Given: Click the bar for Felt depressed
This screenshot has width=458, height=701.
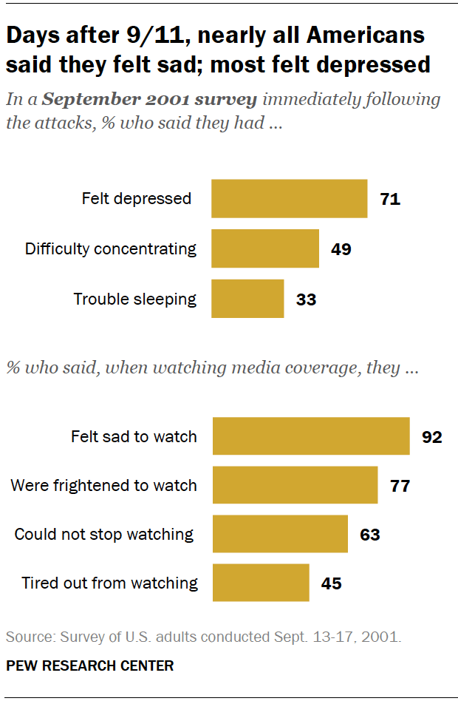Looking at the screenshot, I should click(289, 199).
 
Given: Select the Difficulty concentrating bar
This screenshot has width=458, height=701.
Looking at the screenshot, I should click(265, 248).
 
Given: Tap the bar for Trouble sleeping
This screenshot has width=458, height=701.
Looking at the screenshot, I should click(247, 299).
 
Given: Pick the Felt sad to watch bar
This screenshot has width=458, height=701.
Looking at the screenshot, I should click(311, 436).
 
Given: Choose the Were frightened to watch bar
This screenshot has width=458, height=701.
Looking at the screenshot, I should click(295, 486).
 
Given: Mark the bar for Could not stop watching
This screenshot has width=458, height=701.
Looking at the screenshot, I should click(280, 534).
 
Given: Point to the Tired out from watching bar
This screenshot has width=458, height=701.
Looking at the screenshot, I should click(261, 583).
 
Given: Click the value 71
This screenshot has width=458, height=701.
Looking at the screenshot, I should click(389, 199).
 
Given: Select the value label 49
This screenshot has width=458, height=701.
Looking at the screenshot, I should click(341, 249).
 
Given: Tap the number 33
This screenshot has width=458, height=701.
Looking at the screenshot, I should click(305, 299).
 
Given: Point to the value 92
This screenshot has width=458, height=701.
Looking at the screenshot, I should click(431, 437).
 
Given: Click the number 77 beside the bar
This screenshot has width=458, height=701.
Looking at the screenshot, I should click(400, 486).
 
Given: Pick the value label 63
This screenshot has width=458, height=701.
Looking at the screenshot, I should click(369, 535).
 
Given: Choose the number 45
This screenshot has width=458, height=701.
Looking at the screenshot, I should click(331, 583).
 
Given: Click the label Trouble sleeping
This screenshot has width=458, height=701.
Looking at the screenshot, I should click(134, 299).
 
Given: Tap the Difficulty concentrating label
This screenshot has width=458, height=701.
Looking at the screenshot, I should click(111, 248).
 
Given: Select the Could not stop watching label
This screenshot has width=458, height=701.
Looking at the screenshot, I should click(104, 534).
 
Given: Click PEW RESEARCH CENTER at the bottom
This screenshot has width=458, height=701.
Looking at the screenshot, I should click(90, 666).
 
